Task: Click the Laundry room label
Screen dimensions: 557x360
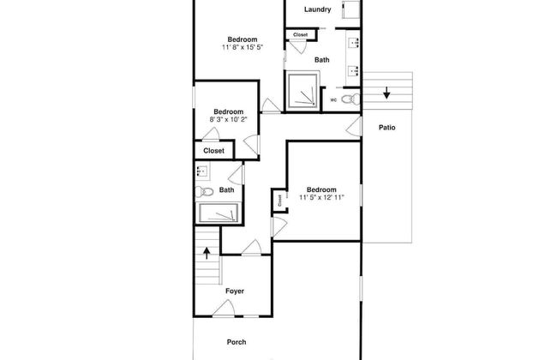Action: [318, 9]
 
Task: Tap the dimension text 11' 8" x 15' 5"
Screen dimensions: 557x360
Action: [243, 47]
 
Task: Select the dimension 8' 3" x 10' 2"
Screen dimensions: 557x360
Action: [228, 120]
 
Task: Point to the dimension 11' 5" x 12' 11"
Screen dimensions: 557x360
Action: [321, 198]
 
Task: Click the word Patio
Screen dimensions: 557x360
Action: [386, 128]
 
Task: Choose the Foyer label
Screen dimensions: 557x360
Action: [235, 291]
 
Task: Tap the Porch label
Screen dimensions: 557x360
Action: [237, 342]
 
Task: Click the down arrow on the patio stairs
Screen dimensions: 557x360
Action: [386, 93]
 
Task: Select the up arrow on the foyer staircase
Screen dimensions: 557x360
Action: [207, 254]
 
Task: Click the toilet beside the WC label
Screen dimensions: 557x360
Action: [350, 99]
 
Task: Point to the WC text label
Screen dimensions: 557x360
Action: [333, 100]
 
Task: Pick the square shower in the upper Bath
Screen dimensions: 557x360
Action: [302, 90]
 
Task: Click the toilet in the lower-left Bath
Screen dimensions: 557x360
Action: [204, 192]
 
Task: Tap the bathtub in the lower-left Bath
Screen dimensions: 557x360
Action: [219, 213]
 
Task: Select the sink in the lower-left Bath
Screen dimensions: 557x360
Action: [202, 171]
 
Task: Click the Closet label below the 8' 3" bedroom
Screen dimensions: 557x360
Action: [214, 151]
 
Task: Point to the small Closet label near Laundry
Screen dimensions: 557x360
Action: [301, 35]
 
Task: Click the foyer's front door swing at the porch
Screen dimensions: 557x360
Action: [224, 308]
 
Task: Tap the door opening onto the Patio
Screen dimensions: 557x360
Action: [354, 127]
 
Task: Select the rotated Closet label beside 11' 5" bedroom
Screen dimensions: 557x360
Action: [279, 201]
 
